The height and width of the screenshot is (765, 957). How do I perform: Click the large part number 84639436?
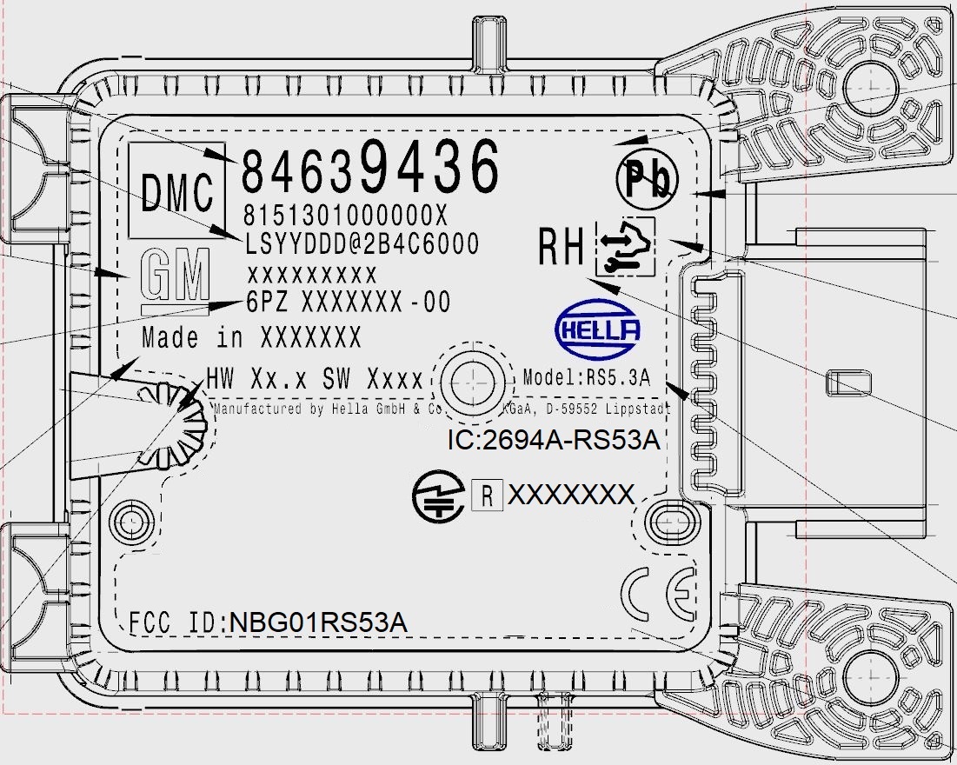click(x=370, y=168)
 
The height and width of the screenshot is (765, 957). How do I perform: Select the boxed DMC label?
click(x=176, y=192)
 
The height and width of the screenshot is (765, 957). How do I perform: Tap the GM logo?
click(x=176, y=277)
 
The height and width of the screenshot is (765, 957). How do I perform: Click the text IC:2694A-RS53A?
click(x=554, y=440)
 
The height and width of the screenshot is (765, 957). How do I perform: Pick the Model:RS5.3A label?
click(x=588, y=377)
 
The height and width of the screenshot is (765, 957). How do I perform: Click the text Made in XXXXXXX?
click(x=251, y=336)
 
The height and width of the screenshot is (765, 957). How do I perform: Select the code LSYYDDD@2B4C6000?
click(x=361, y=243)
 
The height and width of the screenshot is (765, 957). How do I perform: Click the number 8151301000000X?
click(x=345, y=215)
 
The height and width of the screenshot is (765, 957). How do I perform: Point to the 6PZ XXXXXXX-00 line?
click(x=349, y=303)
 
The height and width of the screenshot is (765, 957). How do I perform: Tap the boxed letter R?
click(x=488, y=496)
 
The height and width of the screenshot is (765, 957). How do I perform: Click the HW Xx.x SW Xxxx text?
click(x=314, y=379)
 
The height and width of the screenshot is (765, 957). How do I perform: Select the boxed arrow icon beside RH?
click(x=625, y=247)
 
